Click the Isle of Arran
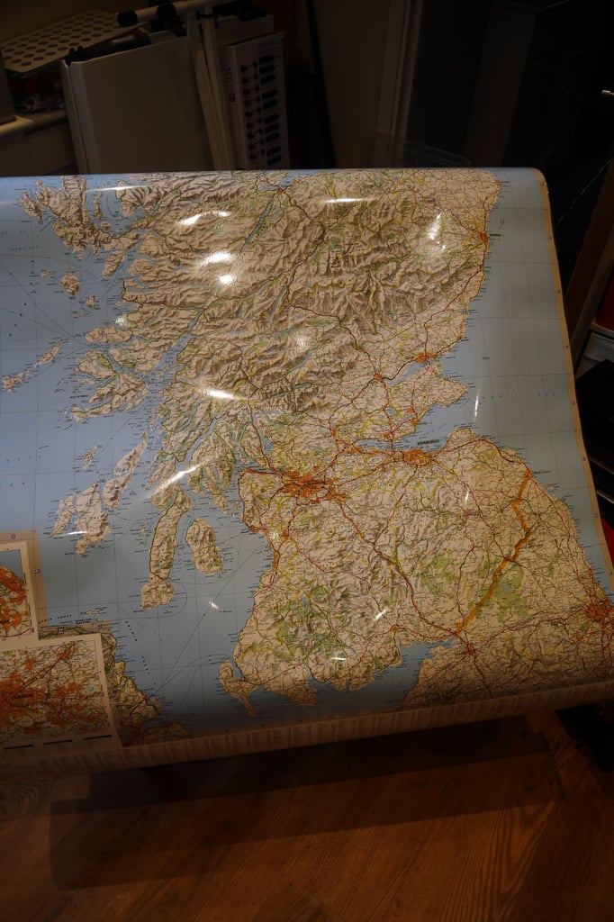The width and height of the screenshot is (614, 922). (203, 547)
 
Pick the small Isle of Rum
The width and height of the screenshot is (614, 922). (69, 284)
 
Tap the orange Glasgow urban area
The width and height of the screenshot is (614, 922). (306, 488)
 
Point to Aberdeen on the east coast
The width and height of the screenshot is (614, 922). (484, 239)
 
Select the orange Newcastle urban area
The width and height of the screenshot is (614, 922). (596, 613)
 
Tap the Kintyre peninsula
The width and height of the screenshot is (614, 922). (162, 549)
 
